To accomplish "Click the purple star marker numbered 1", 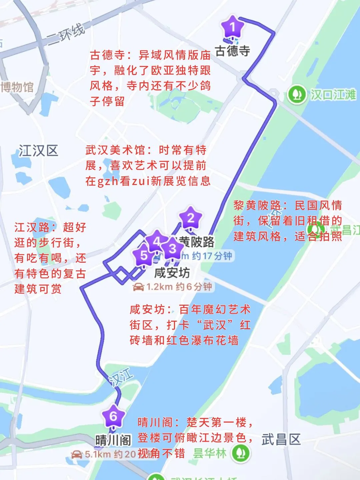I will coord(233,27).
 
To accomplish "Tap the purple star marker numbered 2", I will coord(191,218).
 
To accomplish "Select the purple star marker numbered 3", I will coord(172,248).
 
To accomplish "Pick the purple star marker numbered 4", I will coord(156,241).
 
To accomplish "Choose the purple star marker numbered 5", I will coord(144,256).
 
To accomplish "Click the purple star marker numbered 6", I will coord(113,416).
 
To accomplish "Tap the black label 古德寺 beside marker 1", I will coord(233,51).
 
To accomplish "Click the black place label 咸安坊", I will coord(172,273).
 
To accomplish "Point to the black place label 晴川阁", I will coord(113,440).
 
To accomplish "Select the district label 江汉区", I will coord(38,151).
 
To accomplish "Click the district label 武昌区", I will coord(281,439).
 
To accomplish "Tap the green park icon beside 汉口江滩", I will coord(297,95).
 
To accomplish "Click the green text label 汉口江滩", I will coord(333,95).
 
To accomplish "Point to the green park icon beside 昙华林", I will coord(241,453).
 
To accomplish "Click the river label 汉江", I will coord(121,377).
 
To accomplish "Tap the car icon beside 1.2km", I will coord(138,287).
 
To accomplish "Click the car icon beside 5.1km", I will coord(77,454).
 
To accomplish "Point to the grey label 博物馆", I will coord(17,87).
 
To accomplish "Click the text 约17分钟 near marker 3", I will coord(212,256).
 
